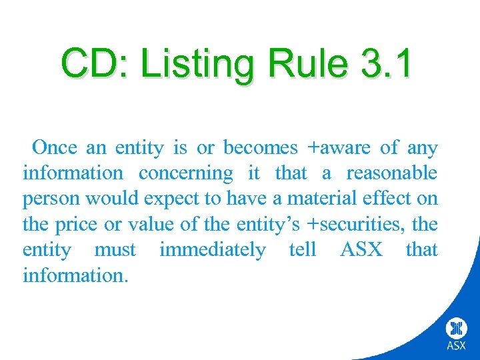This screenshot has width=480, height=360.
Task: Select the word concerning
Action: pyautogui.click(x=186, y=173)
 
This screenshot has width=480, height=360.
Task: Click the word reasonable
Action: pyautogui.click(x=392, y=173)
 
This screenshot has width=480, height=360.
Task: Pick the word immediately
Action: pyautogui.click(x=212, y=250)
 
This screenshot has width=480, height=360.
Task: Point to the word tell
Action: pyautogui.click(x=303, y=250)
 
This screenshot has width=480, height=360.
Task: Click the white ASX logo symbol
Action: pyautogui.click(x=457, y=329)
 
